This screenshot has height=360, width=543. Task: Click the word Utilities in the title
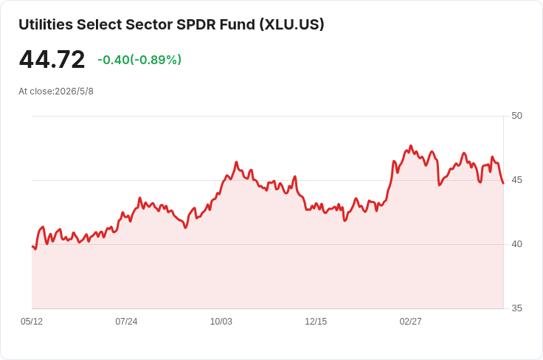pos(46,24)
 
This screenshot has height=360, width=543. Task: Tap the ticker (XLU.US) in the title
pos(292,24)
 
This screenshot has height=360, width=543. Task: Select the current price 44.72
pos(52,59)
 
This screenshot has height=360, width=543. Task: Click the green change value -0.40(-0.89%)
pos(139,60)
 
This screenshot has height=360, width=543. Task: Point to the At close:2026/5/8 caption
pos(56,91)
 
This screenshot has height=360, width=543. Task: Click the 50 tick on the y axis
pos(516,116)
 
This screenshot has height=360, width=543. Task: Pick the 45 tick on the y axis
pos(516,180)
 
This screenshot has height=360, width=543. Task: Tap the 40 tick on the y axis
pos(516,244)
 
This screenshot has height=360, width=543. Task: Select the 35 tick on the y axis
pos(516,308)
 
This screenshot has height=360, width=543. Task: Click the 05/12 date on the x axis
pos(32,322)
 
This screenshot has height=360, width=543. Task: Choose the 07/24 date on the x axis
pos(126,322)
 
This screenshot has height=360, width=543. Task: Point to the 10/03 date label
pos(221,322)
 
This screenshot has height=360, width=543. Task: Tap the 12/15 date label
pos(316,322)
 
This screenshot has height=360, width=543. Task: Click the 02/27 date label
pos(411,322)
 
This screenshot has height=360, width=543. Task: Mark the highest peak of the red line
pos(411,146)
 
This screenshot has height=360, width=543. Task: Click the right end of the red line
pos(503,183)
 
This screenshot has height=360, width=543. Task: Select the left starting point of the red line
pos(32,246)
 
